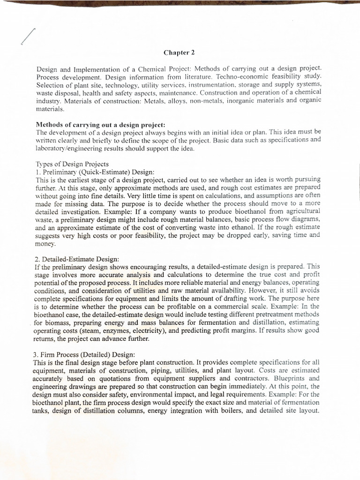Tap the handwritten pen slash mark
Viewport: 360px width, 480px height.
[x=28, y=37]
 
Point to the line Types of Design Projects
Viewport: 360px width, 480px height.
[x=72, y=164]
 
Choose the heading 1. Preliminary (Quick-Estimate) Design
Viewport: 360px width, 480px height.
[x=95, y=172]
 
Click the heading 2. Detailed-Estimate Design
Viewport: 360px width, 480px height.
[x=77, y=258]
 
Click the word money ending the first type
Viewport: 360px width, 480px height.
[x=45, y=244]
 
